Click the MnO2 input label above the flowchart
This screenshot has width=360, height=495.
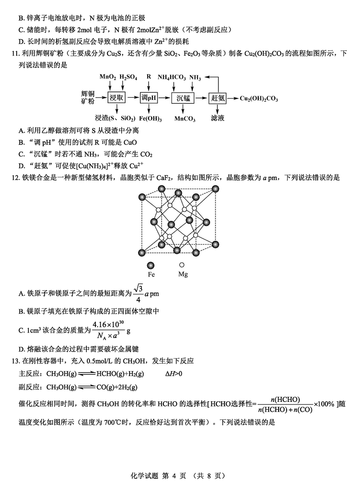[x=108, y=77]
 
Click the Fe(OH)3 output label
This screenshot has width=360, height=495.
[x=150, y=118]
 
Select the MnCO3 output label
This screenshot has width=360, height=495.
[x=184, y=118]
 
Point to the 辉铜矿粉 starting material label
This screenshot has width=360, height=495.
[x=88, y=98]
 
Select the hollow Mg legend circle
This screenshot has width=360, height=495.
[x=182, y=265]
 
